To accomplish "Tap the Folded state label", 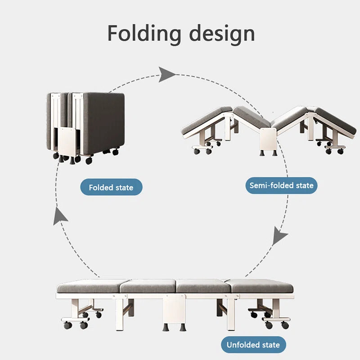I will pos(111,187).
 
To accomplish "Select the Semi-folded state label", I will pos(281,185).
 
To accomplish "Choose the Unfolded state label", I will pos(253,345).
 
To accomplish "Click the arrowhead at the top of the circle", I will pos(166,74).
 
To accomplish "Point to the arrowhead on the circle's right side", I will pos(280,236).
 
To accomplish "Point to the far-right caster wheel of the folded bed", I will pos(116,153).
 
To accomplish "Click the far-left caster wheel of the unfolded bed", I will pos(67,325).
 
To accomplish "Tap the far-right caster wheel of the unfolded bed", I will pos(285,325).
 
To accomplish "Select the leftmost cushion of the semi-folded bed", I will pos(206,119).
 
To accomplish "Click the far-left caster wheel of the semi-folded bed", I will pos(197,151).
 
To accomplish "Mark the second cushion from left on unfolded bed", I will pos(148,286).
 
